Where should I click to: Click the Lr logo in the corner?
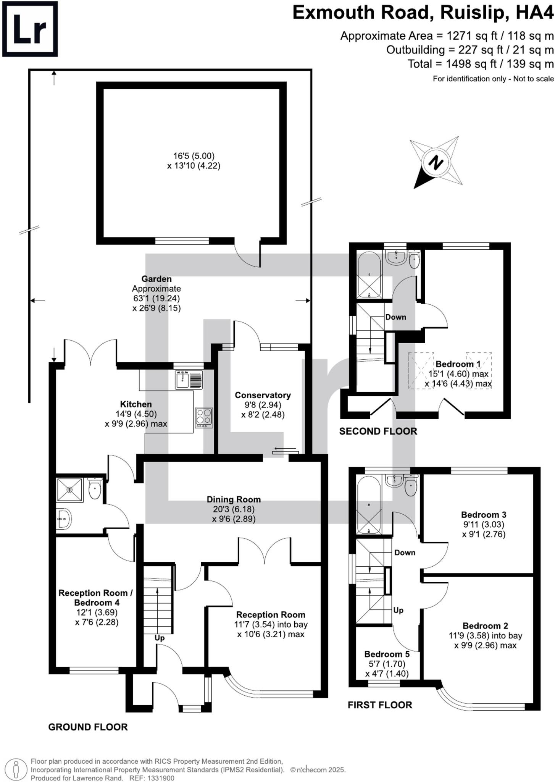point(30,29)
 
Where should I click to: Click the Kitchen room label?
point(136,404)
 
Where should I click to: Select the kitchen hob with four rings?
point(204,418)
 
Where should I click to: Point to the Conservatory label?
point(263,395)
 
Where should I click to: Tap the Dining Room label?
point(234,499)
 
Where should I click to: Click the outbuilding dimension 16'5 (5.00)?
point(194,156)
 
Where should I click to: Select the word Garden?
point(156,279)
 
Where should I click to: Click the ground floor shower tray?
point(69,490)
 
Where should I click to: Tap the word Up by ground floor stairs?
point(160,638)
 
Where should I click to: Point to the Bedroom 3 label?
point(483,515)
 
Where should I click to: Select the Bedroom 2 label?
point(485,626)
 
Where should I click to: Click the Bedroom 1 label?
point(458,364)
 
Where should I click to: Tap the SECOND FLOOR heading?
point(378,431)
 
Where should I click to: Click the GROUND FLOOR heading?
point(88,727)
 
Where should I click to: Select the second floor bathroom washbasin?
point(396,257)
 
